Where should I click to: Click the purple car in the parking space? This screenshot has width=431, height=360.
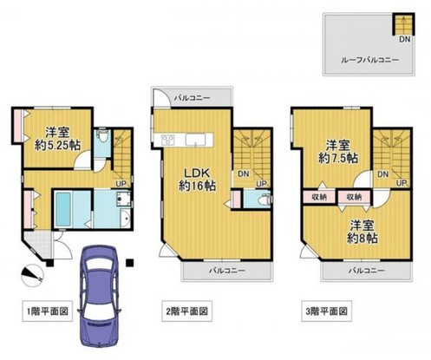tap(99, 296)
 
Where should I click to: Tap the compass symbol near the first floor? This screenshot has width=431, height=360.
tap(32, 275)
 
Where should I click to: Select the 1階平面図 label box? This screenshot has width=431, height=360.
tap(48, 311)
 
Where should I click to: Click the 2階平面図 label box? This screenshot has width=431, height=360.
tap(186, 311)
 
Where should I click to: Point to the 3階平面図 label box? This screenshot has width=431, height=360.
tap(327, 311)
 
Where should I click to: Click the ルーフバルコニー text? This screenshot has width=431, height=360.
tap(370, 60)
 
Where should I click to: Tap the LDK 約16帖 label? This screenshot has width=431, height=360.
tap(197, 180)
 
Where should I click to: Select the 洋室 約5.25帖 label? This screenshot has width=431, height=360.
tap(57, 139)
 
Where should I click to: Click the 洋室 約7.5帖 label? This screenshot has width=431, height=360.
tap(338, 151)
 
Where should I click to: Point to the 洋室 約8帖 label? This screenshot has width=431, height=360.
tap(362, 232)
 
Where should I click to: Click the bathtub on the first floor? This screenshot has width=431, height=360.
tap(63, 209)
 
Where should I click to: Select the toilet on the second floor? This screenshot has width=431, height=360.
tap(264, 199)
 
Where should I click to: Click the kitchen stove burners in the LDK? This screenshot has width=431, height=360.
tap(168, 140)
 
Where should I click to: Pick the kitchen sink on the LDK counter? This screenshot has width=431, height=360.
tap(196, 140)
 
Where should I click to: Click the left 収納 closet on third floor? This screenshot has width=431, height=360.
tap(319, 197)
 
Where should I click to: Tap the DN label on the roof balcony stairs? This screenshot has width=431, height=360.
tap(405, 39)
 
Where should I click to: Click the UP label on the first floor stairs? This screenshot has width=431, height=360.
tap(121, 183)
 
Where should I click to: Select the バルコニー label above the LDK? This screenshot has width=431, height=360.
tap(192, 98)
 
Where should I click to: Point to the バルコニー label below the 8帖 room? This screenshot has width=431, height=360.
tap(367, 271)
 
